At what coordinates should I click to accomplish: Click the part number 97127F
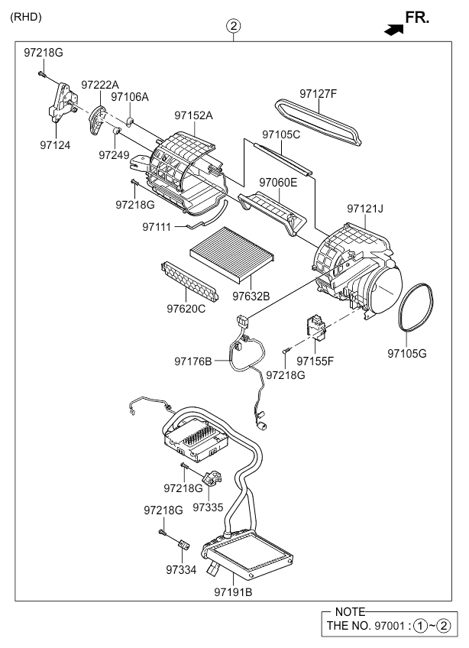point(318,94)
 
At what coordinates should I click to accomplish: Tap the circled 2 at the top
point(234,27)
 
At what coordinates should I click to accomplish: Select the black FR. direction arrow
point(393,28)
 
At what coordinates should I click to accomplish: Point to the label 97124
point(56,144)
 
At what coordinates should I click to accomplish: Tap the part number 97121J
point(365,208)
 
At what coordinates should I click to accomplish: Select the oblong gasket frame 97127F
point(318,122)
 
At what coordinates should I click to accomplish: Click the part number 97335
point(208,506)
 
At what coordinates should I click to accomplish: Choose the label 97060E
point(278,183)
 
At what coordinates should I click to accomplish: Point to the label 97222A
point(100,85)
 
